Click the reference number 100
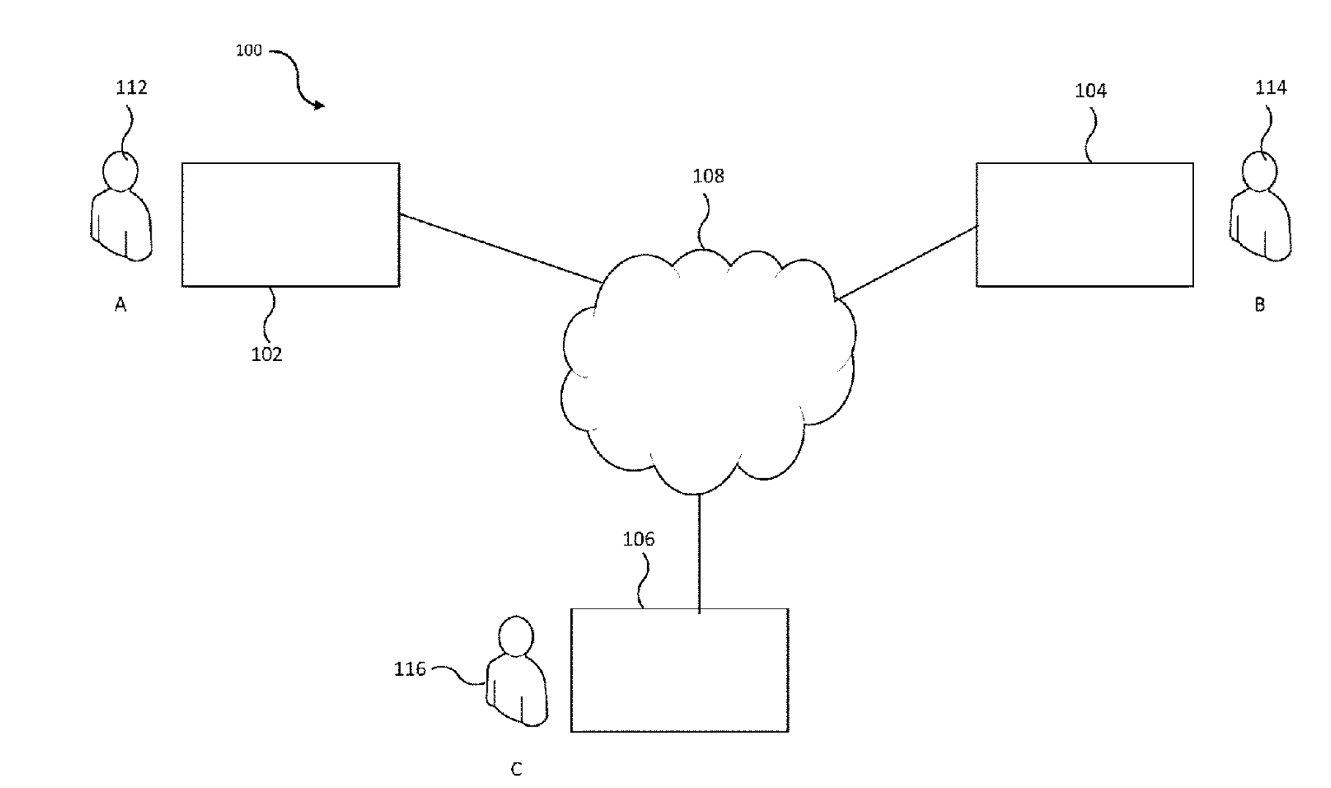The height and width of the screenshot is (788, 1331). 249,51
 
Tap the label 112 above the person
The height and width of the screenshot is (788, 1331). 132,88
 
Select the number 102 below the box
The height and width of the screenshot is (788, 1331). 266,354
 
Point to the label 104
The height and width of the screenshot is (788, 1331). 1090,91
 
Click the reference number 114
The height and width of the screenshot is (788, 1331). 1270,88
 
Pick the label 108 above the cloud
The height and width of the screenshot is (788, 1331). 708,176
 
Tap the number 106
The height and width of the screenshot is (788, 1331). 638,540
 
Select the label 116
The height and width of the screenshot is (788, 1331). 410,669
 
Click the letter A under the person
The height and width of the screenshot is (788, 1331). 121,305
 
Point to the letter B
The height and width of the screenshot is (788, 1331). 1260,305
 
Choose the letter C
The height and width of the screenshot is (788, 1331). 516,770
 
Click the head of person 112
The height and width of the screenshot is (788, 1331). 120,171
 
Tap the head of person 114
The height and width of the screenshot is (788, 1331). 1259,171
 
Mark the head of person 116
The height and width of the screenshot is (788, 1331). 516,636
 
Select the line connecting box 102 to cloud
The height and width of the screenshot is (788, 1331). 501,248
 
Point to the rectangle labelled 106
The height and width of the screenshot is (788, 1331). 679,670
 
